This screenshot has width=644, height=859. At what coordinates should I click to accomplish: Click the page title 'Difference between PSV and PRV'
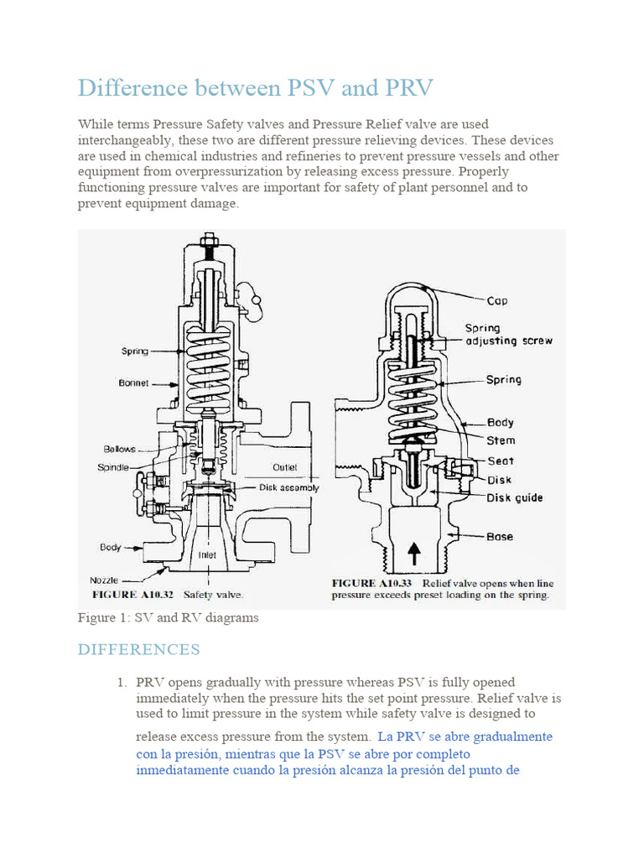click(x=257, y=87)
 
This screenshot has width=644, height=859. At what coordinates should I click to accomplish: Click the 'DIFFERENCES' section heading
click(x=138, y=649)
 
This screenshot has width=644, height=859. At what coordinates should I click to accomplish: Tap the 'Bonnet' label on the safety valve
click(x=133, y=383)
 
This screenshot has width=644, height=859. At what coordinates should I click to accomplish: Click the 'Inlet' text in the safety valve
click(x=207, y=554)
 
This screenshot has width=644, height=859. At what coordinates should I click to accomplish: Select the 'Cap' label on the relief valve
click(x=497, y=300)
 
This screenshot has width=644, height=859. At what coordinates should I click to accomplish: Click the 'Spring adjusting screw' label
click(x=509, y=335)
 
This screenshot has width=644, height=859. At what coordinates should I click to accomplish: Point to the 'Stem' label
click(x=501, y=440)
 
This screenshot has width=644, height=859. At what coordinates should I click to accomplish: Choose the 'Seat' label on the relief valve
click(x=501, y=461)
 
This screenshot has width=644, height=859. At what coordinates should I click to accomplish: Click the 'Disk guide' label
click(x=515, y=497)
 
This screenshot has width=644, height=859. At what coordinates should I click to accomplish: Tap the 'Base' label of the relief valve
click(x=501, y=536)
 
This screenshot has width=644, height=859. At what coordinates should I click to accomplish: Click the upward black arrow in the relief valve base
click(x=413, y=554)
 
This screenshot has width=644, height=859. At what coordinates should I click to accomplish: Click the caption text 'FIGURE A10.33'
click(x=373, y=583)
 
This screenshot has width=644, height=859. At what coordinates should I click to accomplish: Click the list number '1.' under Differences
click(x=122, y=682)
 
